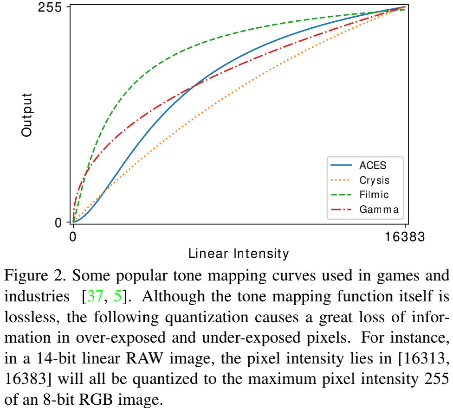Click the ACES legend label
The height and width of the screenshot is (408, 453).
[x=373, y=166]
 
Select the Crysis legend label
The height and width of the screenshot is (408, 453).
[x=374, y=180]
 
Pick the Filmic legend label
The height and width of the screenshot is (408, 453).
[x=374, y=194]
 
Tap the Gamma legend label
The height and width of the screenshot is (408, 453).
[x=379, y=209]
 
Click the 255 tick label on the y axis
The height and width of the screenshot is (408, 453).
[x=52, y=7]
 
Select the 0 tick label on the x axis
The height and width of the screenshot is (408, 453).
[x=73, y=238]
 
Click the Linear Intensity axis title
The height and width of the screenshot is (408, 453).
[x=239, y=254]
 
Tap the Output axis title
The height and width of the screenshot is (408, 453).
[x=27, y=115]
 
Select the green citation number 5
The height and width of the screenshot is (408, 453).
[x=117, y=296]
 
